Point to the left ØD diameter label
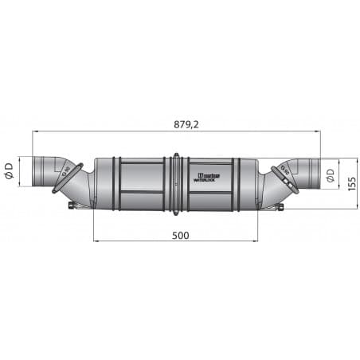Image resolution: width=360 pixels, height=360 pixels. tap(9, 170)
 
